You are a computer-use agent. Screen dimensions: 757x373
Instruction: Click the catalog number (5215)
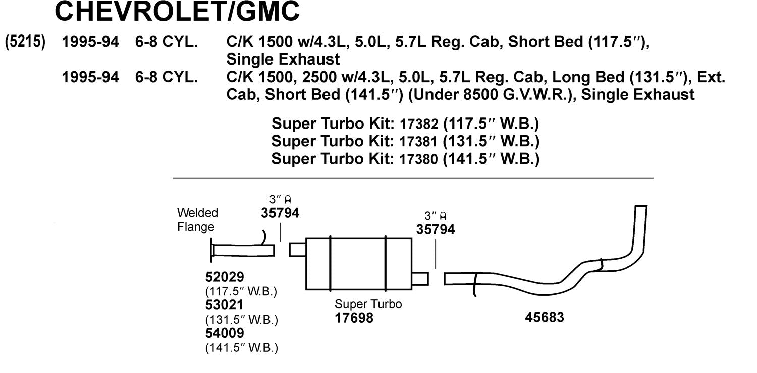pos(25,42)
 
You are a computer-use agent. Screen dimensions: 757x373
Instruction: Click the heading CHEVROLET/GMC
pos(177,11)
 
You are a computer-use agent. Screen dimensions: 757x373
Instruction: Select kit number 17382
pos(419,124)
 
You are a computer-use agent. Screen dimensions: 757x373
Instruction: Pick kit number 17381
pos(419,142)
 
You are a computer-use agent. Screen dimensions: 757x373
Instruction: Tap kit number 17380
pos(419,159)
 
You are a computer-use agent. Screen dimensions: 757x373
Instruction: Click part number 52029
pos(225,277)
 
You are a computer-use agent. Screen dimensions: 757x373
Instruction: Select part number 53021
pos(225,305)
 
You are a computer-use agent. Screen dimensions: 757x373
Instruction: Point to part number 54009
pos(225,333)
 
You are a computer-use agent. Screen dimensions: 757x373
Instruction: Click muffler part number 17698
pos(354,318)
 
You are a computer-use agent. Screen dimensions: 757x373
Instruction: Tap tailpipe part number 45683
pos(545,317)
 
